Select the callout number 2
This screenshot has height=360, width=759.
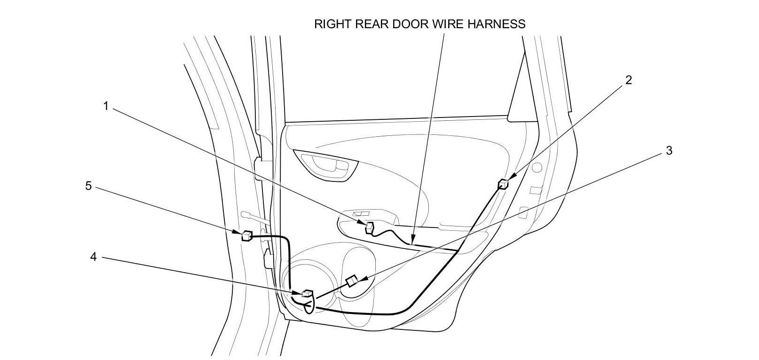click(x=628, y=80)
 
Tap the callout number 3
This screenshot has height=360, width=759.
click(x=669, y=151)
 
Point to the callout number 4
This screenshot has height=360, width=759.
click(x=93, y=257)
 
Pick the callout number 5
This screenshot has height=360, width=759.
click(x=87, y=186)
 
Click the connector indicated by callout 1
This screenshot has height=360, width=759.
click(x=370, y=228)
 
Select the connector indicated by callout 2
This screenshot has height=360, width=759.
click(x=503, y=184)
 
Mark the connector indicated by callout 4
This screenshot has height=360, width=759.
click(x=308, y=294)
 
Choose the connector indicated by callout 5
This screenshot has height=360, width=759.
click(x=246, y=235)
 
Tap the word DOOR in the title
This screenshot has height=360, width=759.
click(x=412, y=24)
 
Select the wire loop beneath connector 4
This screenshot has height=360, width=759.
click(x=308, y=307)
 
